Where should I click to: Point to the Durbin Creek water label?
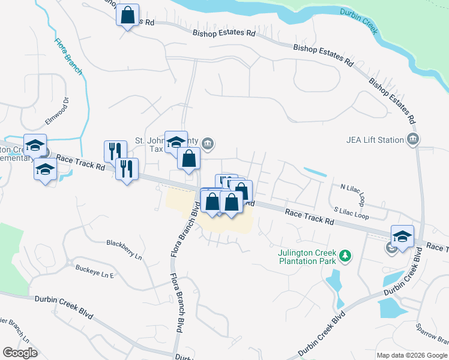pos(358,21)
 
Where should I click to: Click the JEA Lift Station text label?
pos(375,140)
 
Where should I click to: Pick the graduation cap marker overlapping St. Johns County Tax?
pos(176,142)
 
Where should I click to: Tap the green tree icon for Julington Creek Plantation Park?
pos(345,256)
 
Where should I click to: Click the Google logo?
pos(20,353)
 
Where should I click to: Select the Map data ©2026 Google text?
pos(411,355)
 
